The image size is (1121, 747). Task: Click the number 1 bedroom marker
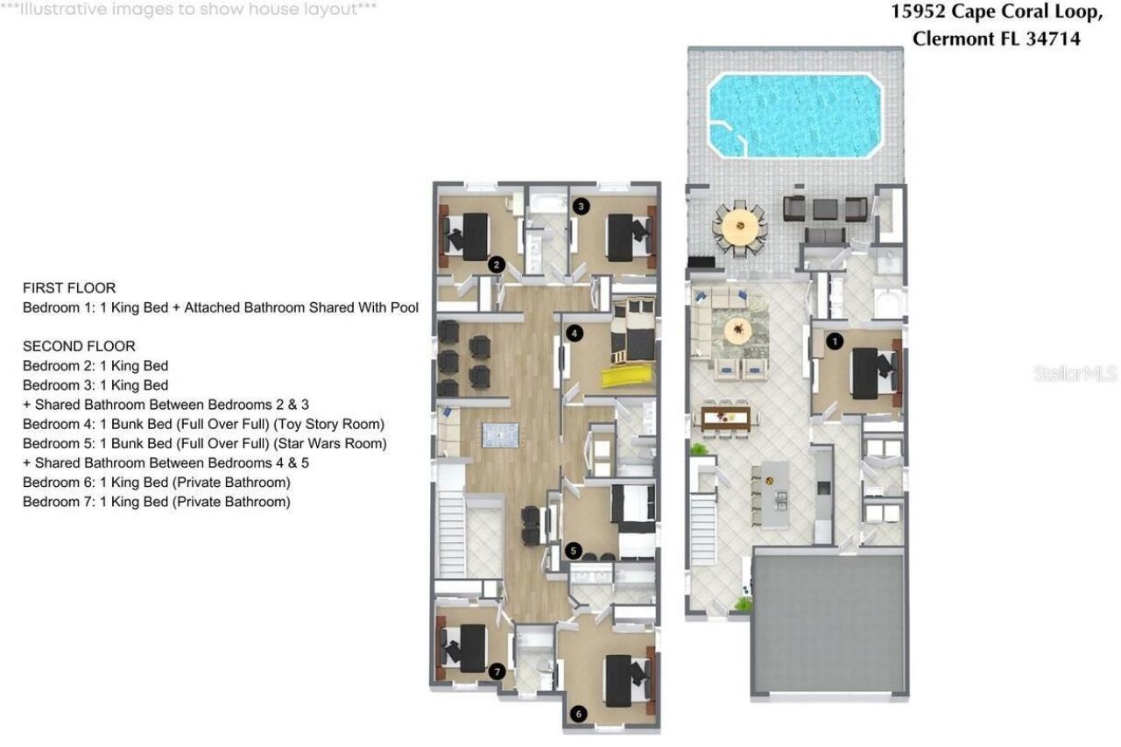(x=835, y=341)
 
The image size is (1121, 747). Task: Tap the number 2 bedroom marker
(x=497, y=264)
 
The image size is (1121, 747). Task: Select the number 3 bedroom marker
(x=582, y=207)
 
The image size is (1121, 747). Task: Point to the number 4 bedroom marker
(x=574, y=333)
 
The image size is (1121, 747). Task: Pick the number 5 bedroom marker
(x=574, y=551)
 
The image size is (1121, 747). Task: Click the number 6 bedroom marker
(x=578, y=714)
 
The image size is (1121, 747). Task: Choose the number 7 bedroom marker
(x=497, y=672)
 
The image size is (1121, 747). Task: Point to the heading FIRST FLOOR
(x=69, y=288)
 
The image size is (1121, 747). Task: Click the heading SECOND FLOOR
(x=79, y=346)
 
